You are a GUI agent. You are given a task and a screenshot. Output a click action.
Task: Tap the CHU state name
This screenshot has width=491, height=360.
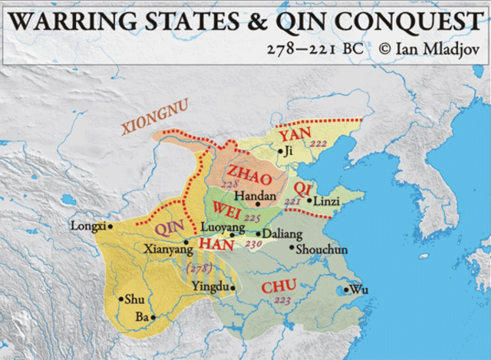pyautogui.click(x=278, y=287)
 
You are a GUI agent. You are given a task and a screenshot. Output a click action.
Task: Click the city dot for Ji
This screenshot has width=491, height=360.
pyautogui.click(x=282, y=151)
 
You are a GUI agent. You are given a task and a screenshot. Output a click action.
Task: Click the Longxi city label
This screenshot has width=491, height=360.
pyautogui.click(x=87, y=226)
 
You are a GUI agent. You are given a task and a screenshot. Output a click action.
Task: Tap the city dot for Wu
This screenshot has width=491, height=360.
pyautogui.click(x=345, y=290)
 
